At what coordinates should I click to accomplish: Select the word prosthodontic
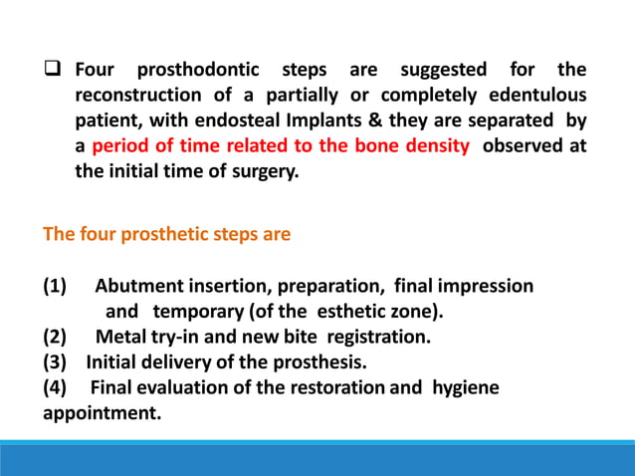pyautogui.click(x=197, y=71)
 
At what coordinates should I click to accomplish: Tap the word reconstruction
pyautogui.click(x=139, y=96)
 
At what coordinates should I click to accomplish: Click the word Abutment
pyautogui.click(x=140, y=287)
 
